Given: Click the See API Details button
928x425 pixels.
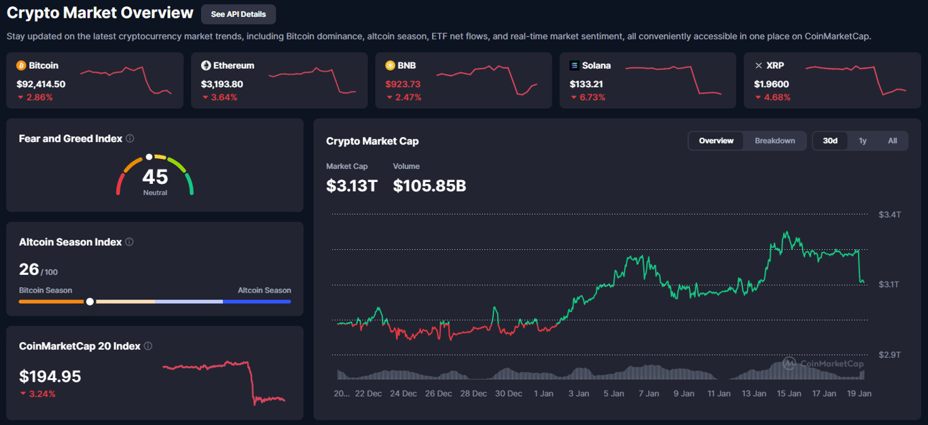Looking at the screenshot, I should (238, 14).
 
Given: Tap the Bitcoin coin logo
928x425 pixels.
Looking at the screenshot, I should (21, 66).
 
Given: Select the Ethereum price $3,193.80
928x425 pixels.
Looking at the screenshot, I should (221, 84).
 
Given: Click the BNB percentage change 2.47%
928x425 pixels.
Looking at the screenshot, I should (408, 97).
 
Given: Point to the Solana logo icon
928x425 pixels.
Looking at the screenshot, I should (574, 66).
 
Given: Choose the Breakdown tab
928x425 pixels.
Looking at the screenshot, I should (774, 141).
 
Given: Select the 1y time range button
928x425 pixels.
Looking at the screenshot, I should (862, 141).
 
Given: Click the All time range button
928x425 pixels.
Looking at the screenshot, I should (892, 141).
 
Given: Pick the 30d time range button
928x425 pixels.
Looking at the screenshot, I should (830, 141).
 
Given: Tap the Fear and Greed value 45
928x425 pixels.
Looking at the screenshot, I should (155, 177).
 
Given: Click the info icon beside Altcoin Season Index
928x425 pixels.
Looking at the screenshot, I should (130, 242).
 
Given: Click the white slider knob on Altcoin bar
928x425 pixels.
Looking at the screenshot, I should (90, 301).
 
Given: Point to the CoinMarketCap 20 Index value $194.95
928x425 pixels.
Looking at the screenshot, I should (50, 376).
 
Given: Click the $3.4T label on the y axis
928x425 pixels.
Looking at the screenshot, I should (889, 215).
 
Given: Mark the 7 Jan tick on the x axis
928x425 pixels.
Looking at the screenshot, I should (648, 393).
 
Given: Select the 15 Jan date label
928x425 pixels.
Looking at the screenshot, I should (789, 393).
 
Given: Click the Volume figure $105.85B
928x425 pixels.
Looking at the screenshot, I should (429, 185).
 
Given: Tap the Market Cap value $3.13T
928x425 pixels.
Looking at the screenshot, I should (351, 185).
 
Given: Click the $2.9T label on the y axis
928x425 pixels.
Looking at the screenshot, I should (889, 355).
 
